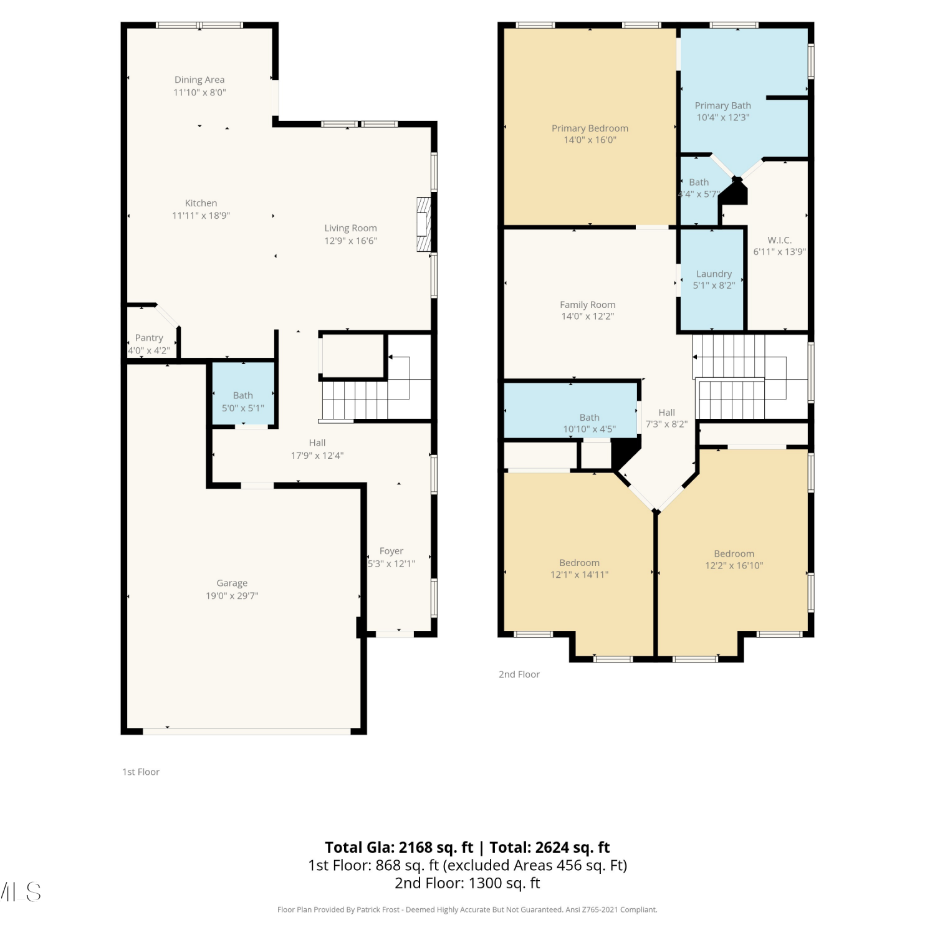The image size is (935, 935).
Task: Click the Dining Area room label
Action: [199, 80]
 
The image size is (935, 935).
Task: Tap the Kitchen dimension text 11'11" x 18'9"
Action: [201, 216]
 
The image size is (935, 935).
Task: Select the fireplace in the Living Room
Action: [424, 224]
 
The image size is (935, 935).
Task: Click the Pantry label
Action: [149, 338]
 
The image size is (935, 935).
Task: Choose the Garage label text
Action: [232, 583]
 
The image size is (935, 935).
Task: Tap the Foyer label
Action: [391, 551]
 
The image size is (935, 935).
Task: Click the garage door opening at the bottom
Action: [247, 731]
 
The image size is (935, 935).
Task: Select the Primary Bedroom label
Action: [590, 128]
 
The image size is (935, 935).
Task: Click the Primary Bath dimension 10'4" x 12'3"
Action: [723, 117]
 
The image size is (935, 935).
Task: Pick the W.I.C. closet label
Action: [780, 240]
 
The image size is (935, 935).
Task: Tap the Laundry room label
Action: [714, 274]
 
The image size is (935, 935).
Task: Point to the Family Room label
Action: [587, 305]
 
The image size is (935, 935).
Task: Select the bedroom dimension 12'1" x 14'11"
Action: [579, 575]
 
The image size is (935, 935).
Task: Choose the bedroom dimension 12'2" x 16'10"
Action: [734, 565]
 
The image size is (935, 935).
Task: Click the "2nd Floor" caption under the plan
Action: [519, 674]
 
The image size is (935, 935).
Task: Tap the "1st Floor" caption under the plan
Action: [141, 772]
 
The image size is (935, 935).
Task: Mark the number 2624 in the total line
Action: [552, 848]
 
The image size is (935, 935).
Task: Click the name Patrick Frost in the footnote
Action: [377, 910]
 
